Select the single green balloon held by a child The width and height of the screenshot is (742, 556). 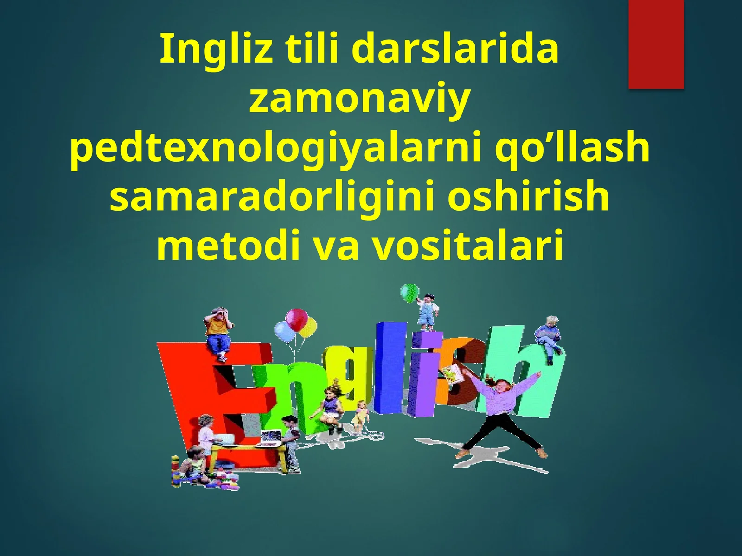pos(409,292)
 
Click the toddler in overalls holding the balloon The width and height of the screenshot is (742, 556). pos(426,310)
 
